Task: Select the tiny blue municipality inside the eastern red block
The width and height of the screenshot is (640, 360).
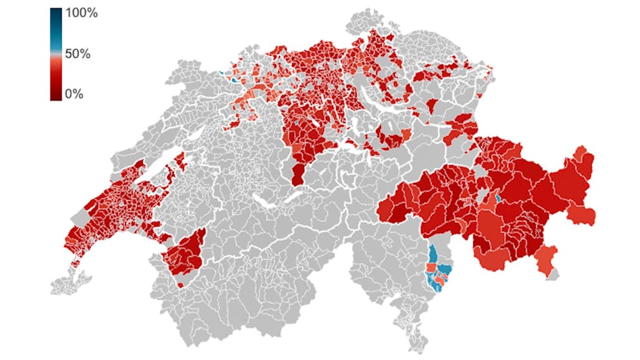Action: point(497,198)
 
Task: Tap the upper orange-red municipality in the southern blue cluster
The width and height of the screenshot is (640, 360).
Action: point(430,267)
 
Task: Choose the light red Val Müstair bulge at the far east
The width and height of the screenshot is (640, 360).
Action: point(585,214)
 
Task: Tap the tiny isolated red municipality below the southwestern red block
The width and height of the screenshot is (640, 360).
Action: point(180,284)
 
